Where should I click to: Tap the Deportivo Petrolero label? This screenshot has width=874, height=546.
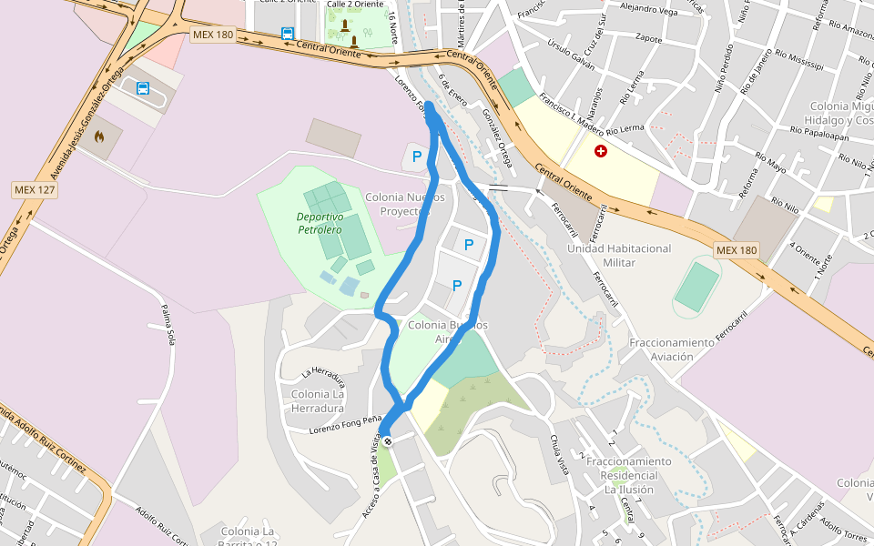[x=319, y=223]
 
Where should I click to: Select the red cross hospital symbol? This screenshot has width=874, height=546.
[x=601, y=151]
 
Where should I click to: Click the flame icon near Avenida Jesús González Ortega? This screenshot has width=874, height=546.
[x=99, y=136]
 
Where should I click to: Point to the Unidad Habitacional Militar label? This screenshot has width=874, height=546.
[x=619, y=256]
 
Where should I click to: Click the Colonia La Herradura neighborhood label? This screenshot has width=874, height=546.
[x=318, y=400]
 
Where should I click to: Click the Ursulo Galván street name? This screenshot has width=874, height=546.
[x=571, y=54]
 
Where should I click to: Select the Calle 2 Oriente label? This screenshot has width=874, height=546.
[x=354, y=4]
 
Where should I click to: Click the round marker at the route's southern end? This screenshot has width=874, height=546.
[x=388, y=441]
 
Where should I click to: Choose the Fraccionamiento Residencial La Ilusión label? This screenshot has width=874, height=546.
[x=628, y=475]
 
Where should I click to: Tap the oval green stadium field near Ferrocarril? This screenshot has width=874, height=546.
[x=697, y=286]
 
